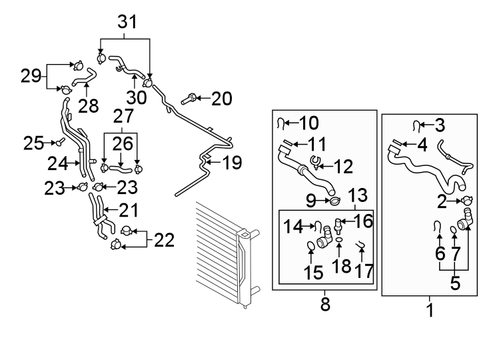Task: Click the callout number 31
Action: [127, 22]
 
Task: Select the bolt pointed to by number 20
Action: [189, 99]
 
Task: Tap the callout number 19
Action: [232, 163]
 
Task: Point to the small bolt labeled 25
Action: [60, 142]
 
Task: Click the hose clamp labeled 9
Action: [335, 201]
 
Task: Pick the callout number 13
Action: [357, 195]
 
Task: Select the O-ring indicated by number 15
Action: [311, 246]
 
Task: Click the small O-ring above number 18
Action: [339, 240]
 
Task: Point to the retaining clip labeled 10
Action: [280, 124]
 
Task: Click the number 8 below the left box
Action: [325, 304]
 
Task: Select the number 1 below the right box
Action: [430, 310]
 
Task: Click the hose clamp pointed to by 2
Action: [466, 201]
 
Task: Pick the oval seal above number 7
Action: [454, 230]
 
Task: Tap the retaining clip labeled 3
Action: [416, 126]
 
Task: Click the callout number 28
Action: [88, 106]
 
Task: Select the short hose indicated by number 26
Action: [121, 169]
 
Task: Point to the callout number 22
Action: [165, 240]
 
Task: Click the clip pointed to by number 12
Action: [315, 162]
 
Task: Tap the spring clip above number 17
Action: [361, 245]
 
